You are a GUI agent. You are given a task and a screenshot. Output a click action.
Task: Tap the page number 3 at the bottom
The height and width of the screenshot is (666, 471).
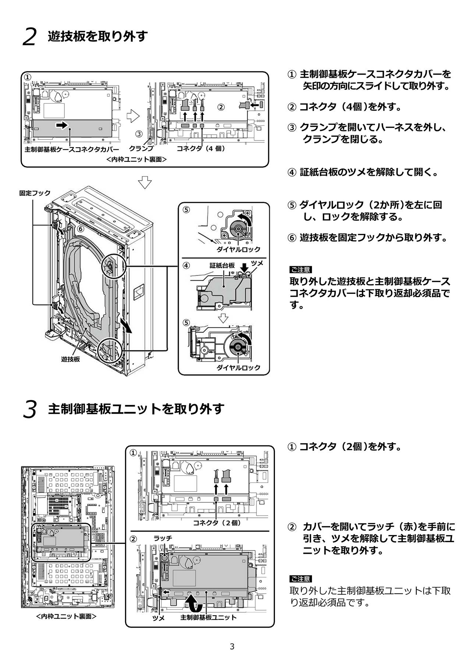pyautogui.click(x=232, y=647)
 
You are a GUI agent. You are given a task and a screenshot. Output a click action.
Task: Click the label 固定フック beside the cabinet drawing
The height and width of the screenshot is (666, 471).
pyautogui.click(x=35, y=193)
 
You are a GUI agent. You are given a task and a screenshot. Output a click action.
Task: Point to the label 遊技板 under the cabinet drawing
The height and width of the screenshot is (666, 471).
pyautogui.click(x=70, y=359)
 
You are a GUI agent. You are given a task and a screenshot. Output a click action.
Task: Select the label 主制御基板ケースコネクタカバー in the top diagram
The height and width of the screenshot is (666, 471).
pyautogui.click(x=72, y=150)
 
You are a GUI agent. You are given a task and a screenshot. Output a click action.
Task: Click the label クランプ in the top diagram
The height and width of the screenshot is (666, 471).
pyautogui.click(x=141, y=149)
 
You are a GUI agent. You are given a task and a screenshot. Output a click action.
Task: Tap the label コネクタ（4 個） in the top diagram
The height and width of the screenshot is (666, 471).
pyautogui.click(x=201, y=149)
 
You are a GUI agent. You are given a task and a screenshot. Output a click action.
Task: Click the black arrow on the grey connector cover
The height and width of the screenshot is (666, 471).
pyautogui.click(x=62, y=125)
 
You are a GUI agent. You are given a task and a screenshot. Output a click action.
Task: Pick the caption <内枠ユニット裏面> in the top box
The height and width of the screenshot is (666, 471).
pyautogui.click(x=137, y=160)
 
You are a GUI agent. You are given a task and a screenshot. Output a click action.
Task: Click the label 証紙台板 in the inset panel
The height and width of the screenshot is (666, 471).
pyautogui.click(x=222, y=266)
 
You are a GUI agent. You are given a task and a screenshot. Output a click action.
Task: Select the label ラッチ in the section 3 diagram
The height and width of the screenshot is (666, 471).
pyautogui.click(x=163, y=538)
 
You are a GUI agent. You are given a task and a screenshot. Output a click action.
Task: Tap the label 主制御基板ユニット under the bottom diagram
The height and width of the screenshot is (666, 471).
pyautogui.click(x=208, y=617)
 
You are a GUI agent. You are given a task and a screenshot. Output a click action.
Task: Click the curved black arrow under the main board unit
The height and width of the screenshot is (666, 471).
pyautogui.click(x=194, y=603)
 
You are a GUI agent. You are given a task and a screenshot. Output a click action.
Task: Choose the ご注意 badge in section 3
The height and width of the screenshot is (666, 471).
pyautogui.click(x=300, y=579)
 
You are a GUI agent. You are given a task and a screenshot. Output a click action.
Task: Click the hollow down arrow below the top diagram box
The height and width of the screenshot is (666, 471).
pyautogui.click(x=145, y=182)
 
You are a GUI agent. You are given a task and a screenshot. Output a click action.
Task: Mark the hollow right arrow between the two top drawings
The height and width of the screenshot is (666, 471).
pyautogui.click(x=133, y=117)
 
